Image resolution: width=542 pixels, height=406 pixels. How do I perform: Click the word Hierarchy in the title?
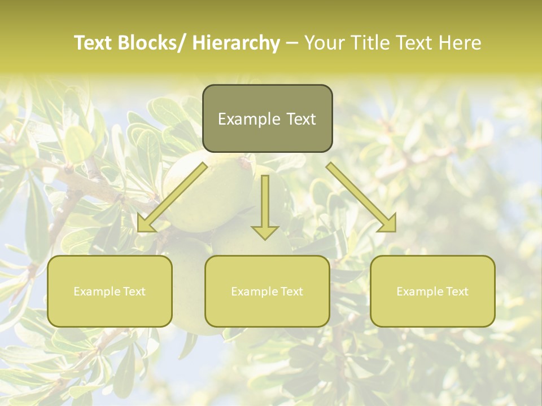tap(236, 43)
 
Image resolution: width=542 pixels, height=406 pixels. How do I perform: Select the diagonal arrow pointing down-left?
tap(175, 195)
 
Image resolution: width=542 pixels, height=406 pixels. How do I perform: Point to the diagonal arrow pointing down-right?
tap(359, 195)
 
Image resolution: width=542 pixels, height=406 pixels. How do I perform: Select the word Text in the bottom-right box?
tap(456, 292)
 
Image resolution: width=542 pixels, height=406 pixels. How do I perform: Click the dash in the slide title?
tap(292, 43)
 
